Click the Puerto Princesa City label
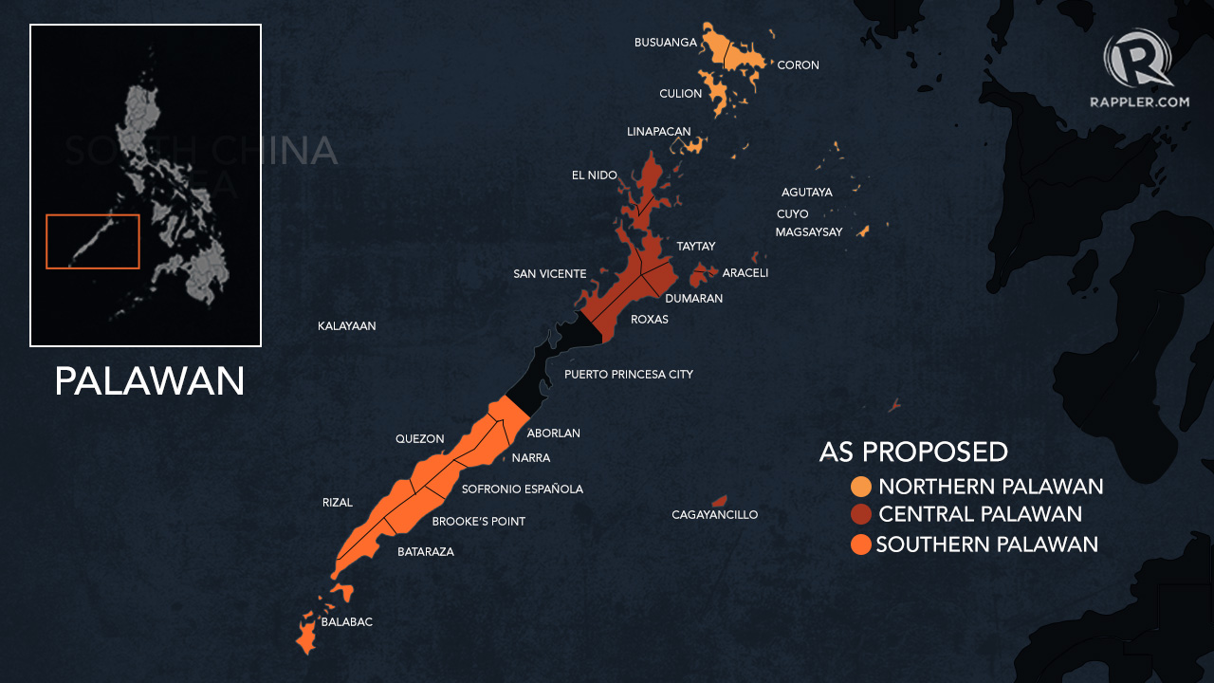(629, 375)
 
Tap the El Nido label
(595, 175)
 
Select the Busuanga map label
(666, 43)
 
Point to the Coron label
(798, 65)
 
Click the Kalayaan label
(347, 326)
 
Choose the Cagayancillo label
(715, 515)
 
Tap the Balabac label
(347, 622)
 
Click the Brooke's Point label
(479, 522)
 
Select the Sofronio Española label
(523, 489)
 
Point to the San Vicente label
(550, 274)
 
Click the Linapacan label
(659, 132)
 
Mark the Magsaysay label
(809, 232)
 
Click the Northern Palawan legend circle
(861, 487)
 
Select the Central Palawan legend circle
(861, 515)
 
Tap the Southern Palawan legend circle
(861, 545)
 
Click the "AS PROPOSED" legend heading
(913, 452)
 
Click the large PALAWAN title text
(150, 381)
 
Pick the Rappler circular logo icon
(1137, 60)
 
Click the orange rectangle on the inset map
(93, 241)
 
